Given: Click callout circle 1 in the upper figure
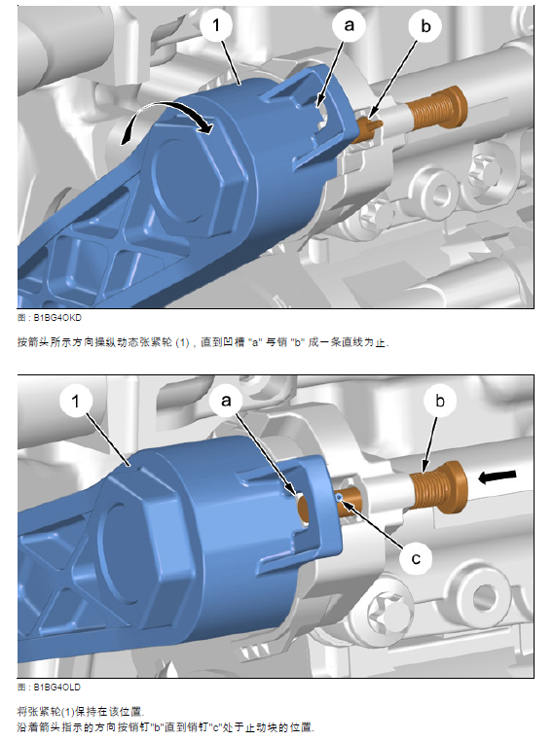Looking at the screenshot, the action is coord(216,25).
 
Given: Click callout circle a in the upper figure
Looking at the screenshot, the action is coord(350,25).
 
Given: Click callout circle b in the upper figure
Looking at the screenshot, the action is coord(425,26).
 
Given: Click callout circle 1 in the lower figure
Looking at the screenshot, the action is coord(76,402).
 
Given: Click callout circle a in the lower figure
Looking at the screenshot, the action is coord(227,401).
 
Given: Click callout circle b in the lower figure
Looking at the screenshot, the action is coord(440,402).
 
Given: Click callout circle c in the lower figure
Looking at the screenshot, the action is coord(416,558).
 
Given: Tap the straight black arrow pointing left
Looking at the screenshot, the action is coord(497,476).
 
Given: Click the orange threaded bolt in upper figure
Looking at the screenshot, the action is coord(437,110).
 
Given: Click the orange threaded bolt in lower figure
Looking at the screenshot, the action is coord(438,487).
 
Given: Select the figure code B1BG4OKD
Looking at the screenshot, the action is coord(57,318).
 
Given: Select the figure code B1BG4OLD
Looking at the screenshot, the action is coord(56,688).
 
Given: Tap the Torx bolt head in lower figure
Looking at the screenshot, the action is coord(388,610).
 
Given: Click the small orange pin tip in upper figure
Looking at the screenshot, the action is coord(377,124).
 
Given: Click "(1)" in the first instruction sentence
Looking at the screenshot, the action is coord(182,342).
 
